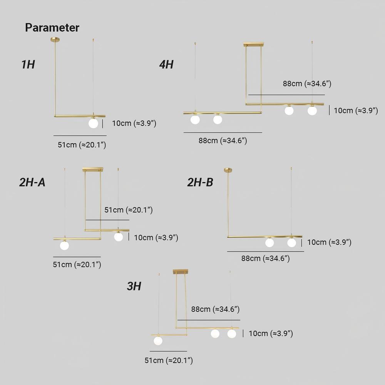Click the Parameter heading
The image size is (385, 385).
pyautogui.click(x=52, y=27)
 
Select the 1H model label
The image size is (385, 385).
pyautogui.click(x=28, y=65)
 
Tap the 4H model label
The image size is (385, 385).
pyautogui.click(x=166, y=65)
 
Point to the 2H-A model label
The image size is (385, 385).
pyautogui.click(x=32, y=182)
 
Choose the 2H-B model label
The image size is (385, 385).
pyautogui.click(x=200, y=182)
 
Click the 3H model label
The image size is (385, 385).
pyautogui.click(x=134, y=286)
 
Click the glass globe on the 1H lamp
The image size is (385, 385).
pyautogui.click(x=93, y=123)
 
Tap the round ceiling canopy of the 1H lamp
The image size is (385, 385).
pyautogui.click(x=55, y=39)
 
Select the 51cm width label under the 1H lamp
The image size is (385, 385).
pyautogui.click(x=82, y=145)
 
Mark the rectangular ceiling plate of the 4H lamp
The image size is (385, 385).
pyautogui.click(x=254, y=44)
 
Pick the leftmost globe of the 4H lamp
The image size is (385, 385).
pyautogui.click(x=195, y=120)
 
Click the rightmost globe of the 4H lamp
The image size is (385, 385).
pyautogui.click(x=312, y=110)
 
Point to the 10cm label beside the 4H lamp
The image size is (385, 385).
pyautogui.click(x=356, y=110)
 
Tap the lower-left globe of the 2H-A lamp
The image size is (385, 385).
pyautogui.click(x=65, y=245)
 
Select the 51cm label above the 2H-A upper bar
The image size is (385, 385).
pyautogui.click(x=129, y=210)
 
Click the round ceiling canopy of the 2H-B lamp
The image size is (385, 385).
pyautogui.click(x=228, y=170)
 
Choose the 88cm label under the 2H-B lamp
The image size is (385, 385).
pyautogui.click(x=265, y=258)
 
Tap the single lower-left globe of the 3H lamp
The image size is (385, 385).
pyautogui.click(x=158, y=341)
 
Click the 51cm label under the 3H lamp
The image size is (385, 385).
pyautogui.click(x=169, y=360)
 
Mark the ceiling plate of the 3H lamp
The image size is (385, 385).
pyautogui.click(x=181, y=271)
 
